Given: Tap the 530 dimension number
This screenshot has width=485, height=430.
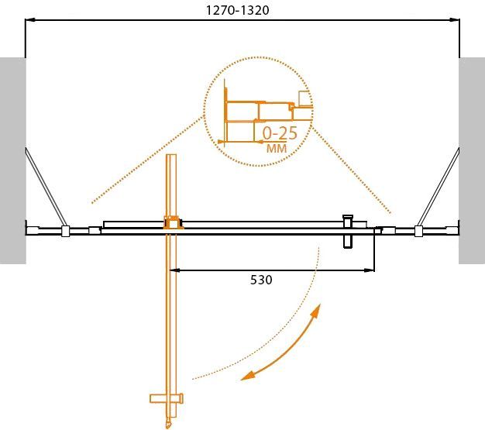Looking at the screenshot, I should [261, 280].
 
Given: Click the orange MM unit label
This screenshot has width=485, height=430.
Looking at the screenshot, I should [277, 148].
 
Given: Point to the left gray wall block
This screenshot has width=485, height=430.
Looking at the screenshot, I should [12, 160].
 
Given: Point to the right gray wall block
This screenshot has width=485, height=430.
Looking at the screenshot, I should [471, 160].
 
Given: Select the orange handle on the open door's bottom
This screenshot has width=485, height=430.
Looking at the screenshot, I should [167, 400].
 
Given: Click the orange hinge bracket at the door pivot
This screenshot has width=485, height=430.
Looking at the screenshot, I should [172, 223].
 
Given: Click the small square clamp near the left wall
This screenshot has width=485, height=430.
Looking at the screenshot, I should [66, 231].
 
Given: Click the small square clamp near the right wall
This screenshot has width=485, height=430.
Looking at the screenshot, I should [418, 231].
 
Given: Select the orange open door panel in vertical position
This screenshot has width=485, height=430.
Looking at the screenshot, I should [172, 310].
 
